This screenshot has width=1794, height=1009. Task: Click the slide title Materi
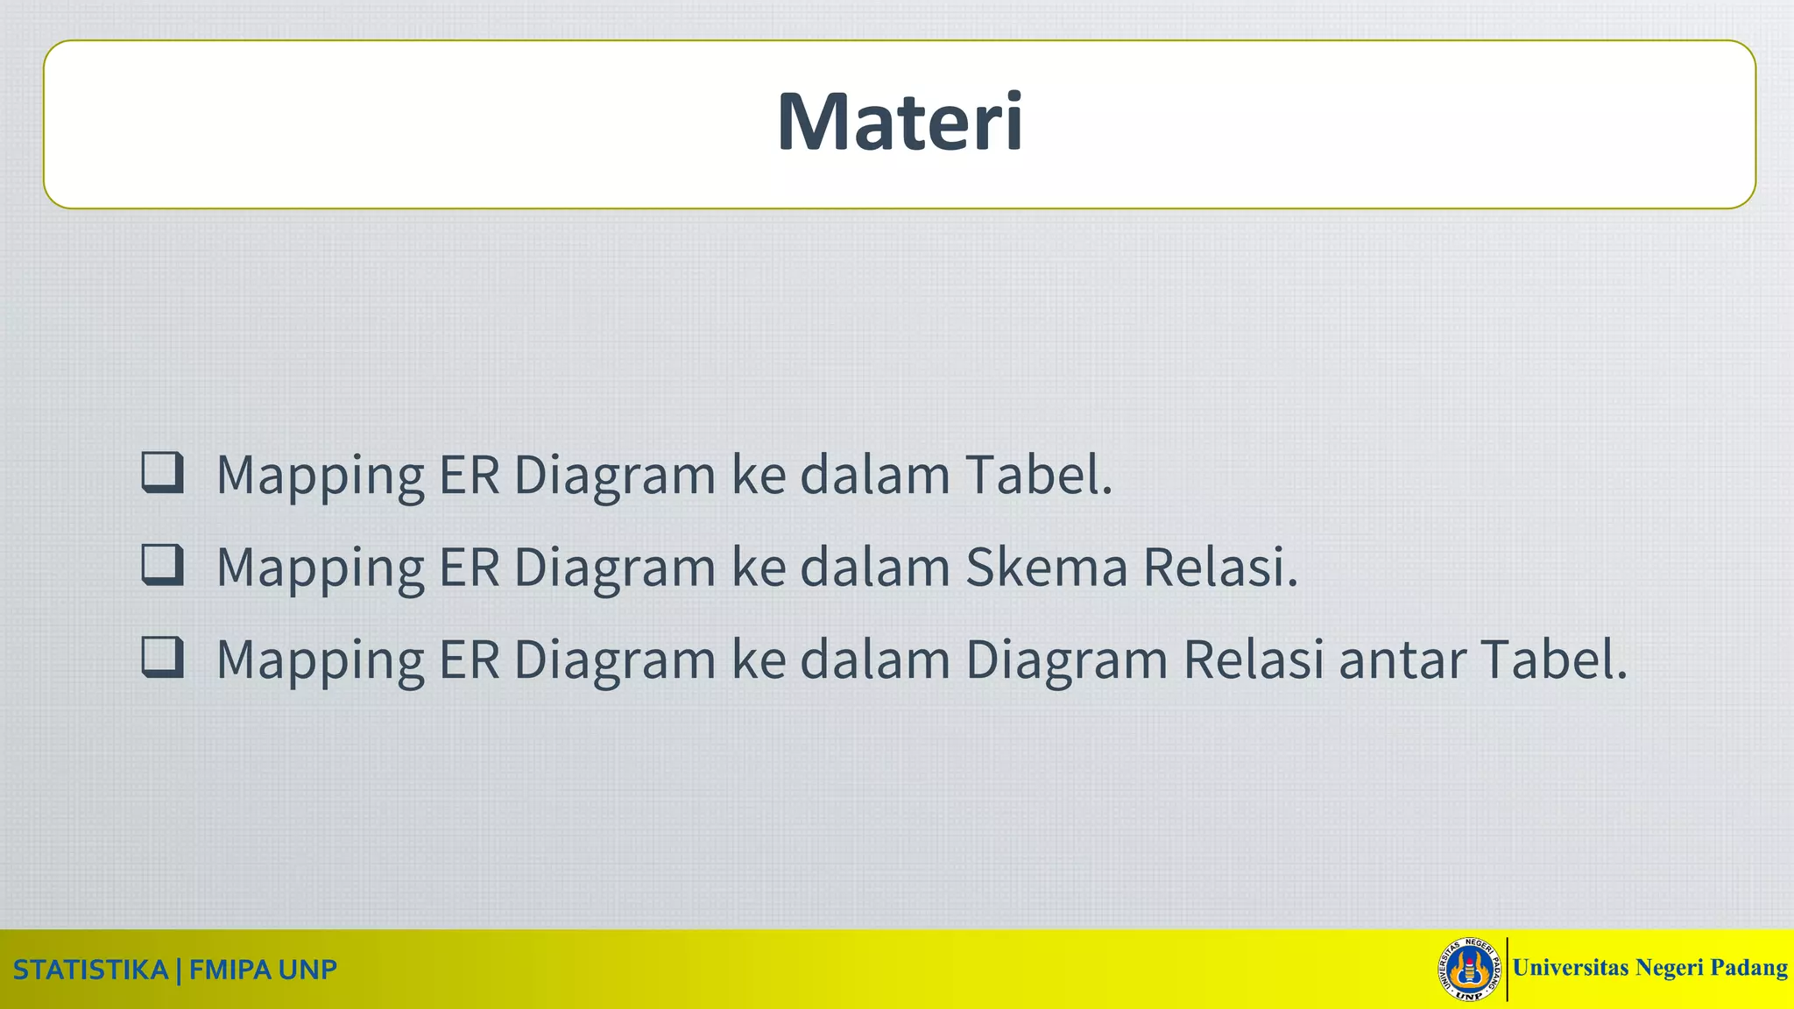pyautogui.click(x=900, y=122)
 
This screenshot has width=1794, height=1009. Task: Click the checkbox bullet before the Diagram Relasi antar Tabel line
pyautogui.click(x=163, y=657)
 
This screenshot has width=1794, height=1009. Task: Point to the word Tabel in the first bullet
pyautogui.click(x=1038, y=475)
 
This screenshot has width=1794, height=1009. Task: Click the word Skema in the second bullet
pyautogui.click(x=1046, y=567)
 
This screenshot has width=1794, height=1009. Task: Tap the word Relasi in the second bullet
pyautogui.click(x=1219, y=567)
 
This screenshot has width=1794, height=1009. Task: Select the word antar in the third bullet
pyautogui.click(x=1402, y=660)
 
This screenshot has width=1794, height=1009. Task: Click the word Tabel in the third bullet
pyautogui.click(x=1553, y=660)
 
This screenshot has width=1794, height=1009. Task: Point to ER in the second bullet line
pyautogui.click(x=469, y=567)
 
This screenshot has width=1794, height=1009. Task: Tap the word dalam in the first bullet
pyautogui.click(x=874, y=475)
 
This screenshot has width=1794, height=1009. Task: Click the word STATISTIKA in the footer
pyautogui.click(x=90, y=970)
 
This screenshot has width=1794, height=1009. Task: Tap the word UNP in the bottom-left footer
pyautogui.click(x=307, y=970)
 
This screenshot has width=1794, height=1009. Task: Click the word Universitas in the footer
pyautogui.click(x=1570, y=968)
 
